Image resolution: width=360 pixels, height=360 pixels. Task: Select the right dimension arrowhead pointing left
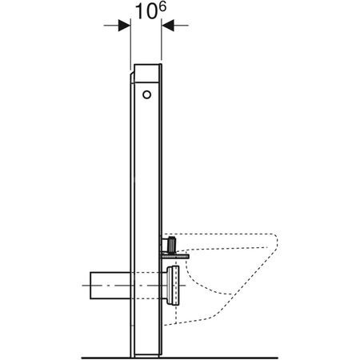(169, 26)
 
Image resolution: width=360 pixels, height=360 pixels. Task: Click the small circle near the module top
(146, 95)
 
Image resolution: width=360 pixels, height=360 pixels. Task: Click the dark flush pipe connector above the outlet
(172, 242)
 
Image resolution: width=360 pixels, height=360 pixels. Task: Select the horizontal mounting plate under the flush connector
(178, 254)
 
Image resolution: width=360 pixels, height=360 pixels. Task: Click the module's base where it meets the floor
(147, 354)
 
